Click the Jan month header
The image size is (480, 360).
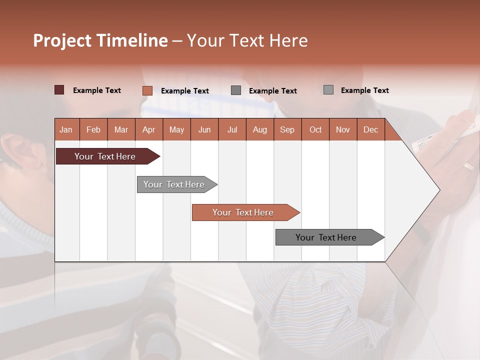tap(66, 129)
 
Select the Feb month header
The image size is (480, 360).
tap(93, 129)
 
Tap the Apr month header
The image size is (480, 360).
tap(149, 129)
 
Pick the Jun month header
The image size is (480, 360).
tap(204, 129)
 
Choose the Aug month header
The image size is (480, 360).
tap(260, 129)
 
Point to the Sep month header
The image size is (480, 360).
tap(287, 129)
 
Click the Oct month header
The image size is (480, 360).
tap(315, 129)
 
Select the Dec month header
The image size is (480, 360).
tap(371, 129)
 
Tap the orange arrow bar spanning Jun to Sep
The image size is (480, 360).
tap(243, 212)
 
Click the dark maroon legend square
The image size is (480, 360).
tap(59, 90)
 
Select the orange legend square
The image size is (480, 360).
tap(147, 90)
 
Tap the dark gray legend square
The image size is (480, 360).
tap(236, 90)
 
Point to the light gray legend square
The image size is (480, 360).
tap(328, 90)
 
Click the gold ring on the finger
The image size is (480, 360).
tap(468, 167)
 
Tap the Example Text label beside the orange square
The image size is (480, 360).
tap(185, 91)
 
